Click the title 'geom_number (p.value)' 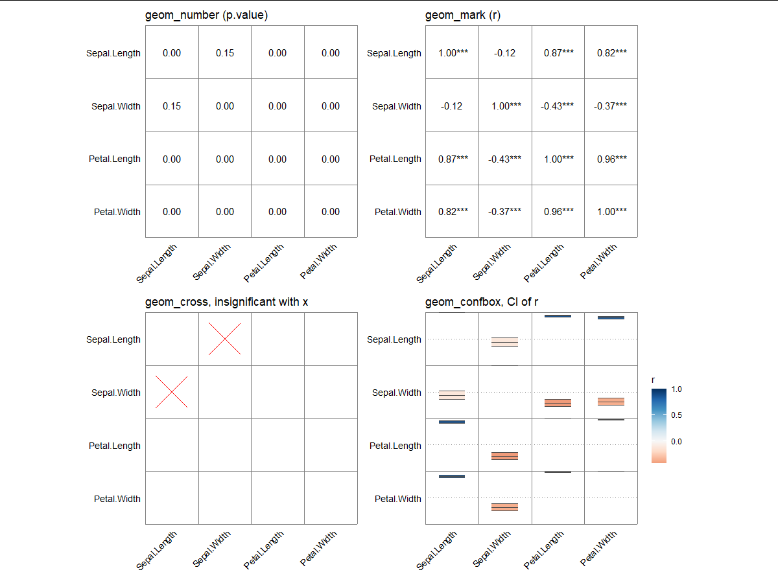tap(206, 16)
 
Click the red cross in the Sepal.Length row tap(225, 339)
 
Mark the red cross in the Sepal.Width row tap(172, 392)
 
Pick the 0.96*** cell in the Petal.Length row tap(611, 159)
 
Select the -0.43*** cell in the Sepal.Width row tap(558, 106)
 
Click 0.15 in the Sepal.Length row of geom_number tap(225, 53)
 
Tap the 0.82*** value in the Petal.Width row tap(452, 212)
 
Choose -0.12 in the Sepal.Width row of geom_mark tap(452, 106)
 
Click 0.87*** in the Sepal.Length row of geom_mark tap(558, 53)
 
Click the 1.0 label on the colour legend tap(678, 389)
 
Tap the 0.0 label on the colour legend tap(678, 441)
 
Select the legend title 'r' tap(654, 379)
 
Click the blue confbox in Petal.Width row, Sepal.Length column tap(452, 477)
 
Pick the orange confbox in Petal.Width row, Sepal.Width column tap(505, 507)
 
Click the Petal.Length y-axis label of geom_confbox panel tap(395, 446)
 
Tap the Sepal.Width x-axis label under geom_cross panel tap(212, 549)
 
